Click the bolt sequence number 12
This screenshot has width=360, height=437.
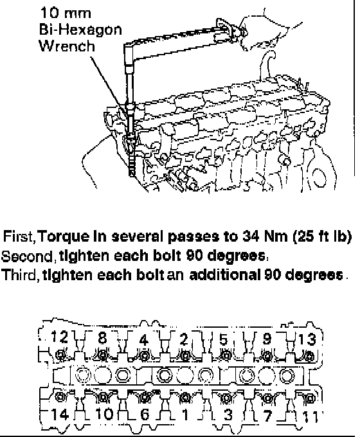click(59, 337)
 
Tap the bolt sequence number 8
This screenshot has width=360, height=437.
click(103, 337)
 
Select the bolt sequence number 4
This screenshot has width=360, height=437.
click(144, 340)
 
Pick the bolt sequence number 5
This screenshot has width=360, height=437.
click(224, 339)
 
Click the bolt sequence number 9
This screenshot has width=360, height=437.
click(267, 338)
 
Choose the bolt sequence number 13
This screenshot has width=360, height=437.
click(307, 339)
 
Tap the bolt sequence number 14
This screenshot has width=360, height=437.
click(60, 414)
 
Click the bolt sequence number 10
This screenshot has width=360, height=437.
click(104, 414)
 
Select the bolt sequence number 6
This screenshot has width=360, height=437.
click(145, 415)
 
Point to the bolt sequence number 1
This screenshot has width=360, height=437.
click(185, 415)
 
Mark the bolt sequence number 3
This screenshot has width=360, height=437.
click(228, 415)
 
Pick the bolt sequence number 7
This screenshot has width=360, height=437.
click(268, 416)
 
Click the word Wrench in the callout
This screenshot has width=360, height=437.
click(67, 46)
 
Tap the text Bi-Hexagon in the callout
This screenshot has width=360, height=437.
click(80, 30)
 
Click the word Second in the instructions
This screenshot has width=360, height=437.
click(27, 256)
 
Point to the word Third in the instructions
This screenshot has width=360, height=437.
click(20, 275)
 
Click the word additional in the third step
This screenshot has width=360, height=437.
click(225, 275)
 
